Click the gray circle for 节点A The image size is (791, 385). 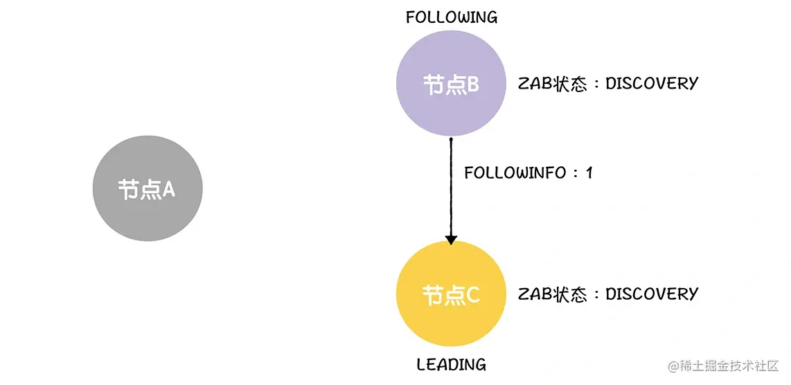point(148,188)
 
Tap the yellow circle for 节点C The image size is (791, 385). point(451,295)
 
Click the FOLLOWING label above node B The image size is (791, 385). point(451,17)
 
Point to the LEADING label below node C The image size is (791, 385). point(451,364)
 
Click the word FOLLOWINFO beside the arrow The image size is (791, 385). point(515,173)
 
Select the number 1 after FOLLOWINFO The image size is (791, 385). point(589,173)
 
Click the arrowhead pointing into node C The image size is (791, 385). point(451,239)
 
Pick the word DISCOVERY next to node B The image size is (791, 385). point(652,83)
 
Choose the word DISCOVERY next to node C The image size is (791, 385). point(652,294)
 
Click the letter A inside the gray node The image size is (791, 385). point(168,189)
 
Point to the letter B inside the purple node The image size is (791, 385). point(472,85)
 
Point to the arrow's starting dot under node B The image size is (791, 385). point(451,139)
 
